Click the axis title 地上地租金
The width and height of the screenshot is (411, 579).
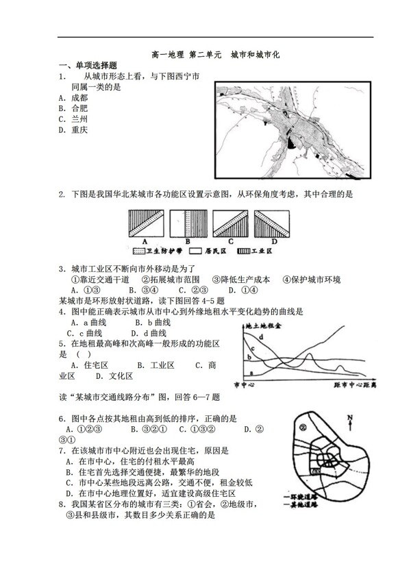click(261, 325)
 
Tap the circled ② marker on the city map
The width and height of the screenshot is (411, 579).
click(302, 428)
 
